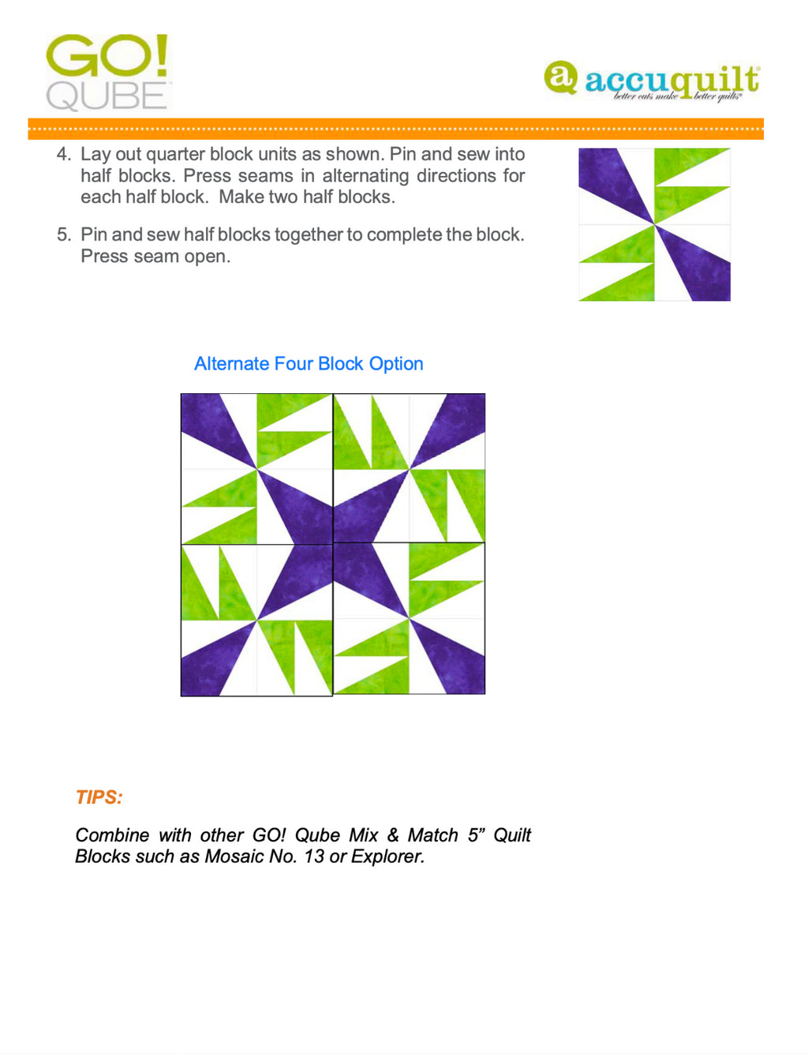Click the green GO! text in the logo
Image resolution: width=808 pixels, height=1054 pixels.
[x=107, y=55]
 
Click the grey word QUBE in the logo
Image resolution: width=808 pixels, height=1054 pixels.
[x=107, y=96]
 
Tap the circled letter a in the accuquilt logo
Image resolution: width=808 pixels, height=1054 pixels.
[x=560, y=77]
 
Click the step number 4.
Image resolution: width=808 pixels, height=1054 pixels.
[x=63, y=155]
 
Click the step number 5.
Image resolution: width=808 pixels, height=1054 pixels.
[x=63, y=235]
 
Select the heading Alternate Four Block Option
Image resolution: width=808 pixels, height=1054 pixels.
[x=309, y=364]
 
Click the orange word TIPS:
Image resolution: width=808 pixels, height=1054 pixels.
[x=99, y=797]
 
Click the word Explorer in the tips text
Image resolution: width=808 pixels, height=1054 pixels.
[x=387, y=857]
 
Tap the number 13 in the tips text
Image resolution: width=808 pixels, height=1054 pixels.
[x=314, y=857]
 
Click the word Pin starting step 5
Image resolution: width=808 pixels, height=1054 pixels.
[x=94, y=235]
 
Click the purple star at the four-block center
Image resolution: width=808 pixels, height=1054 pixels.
[x=333, y=544]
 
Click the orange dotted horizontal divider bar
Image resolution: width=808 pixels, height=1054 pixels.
[x=395, y=129]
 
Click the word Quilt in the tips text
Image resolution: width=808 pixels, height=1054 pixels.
[x=511, y=835]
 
